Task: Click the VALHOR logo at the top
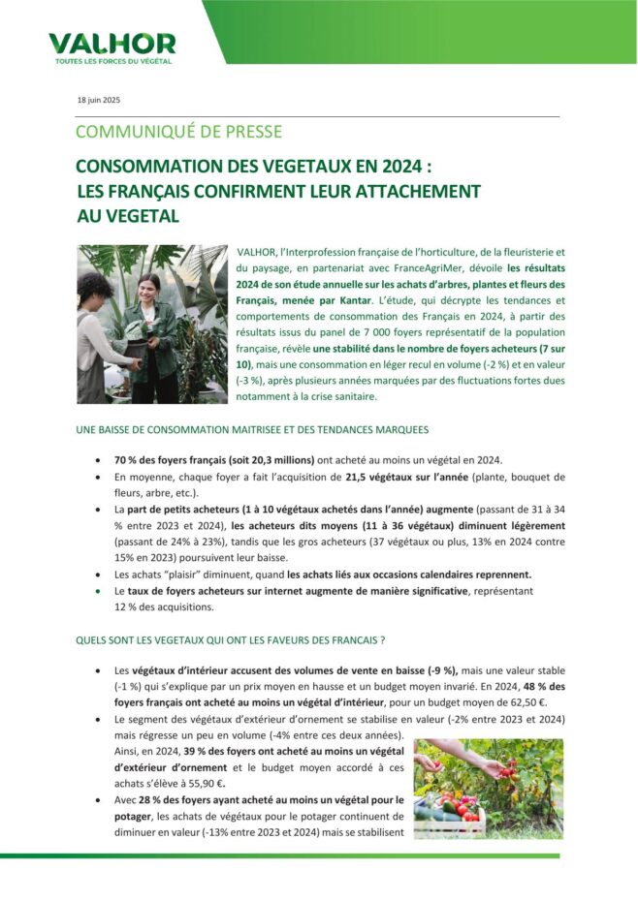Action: click(x=112, y=45)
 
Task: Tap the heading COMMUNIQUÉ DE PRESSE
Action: click(x=178, y=132)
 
